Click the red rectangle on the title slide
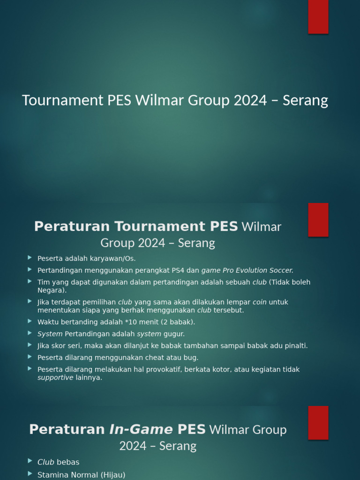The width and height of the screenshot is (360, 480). [318, 17]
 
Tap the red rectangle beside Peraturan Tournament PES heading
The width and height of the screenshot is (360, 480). [318, 220]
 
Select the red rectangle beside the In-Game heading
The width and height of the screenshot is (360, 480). [318, 423]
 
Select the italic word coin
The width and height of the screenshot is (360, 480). [259, 302]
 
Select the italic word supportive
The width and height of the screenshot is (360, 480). [55, 378]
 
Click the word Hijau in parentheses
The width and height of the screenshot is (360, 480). [112, 475]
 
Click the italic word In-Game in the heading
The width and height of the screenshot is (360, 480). [141, 429]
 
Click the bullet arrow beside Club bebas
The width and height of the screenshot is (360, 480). [30, 462]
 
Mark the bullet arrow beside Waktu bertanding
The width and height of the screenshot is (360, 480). [30, 322]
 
